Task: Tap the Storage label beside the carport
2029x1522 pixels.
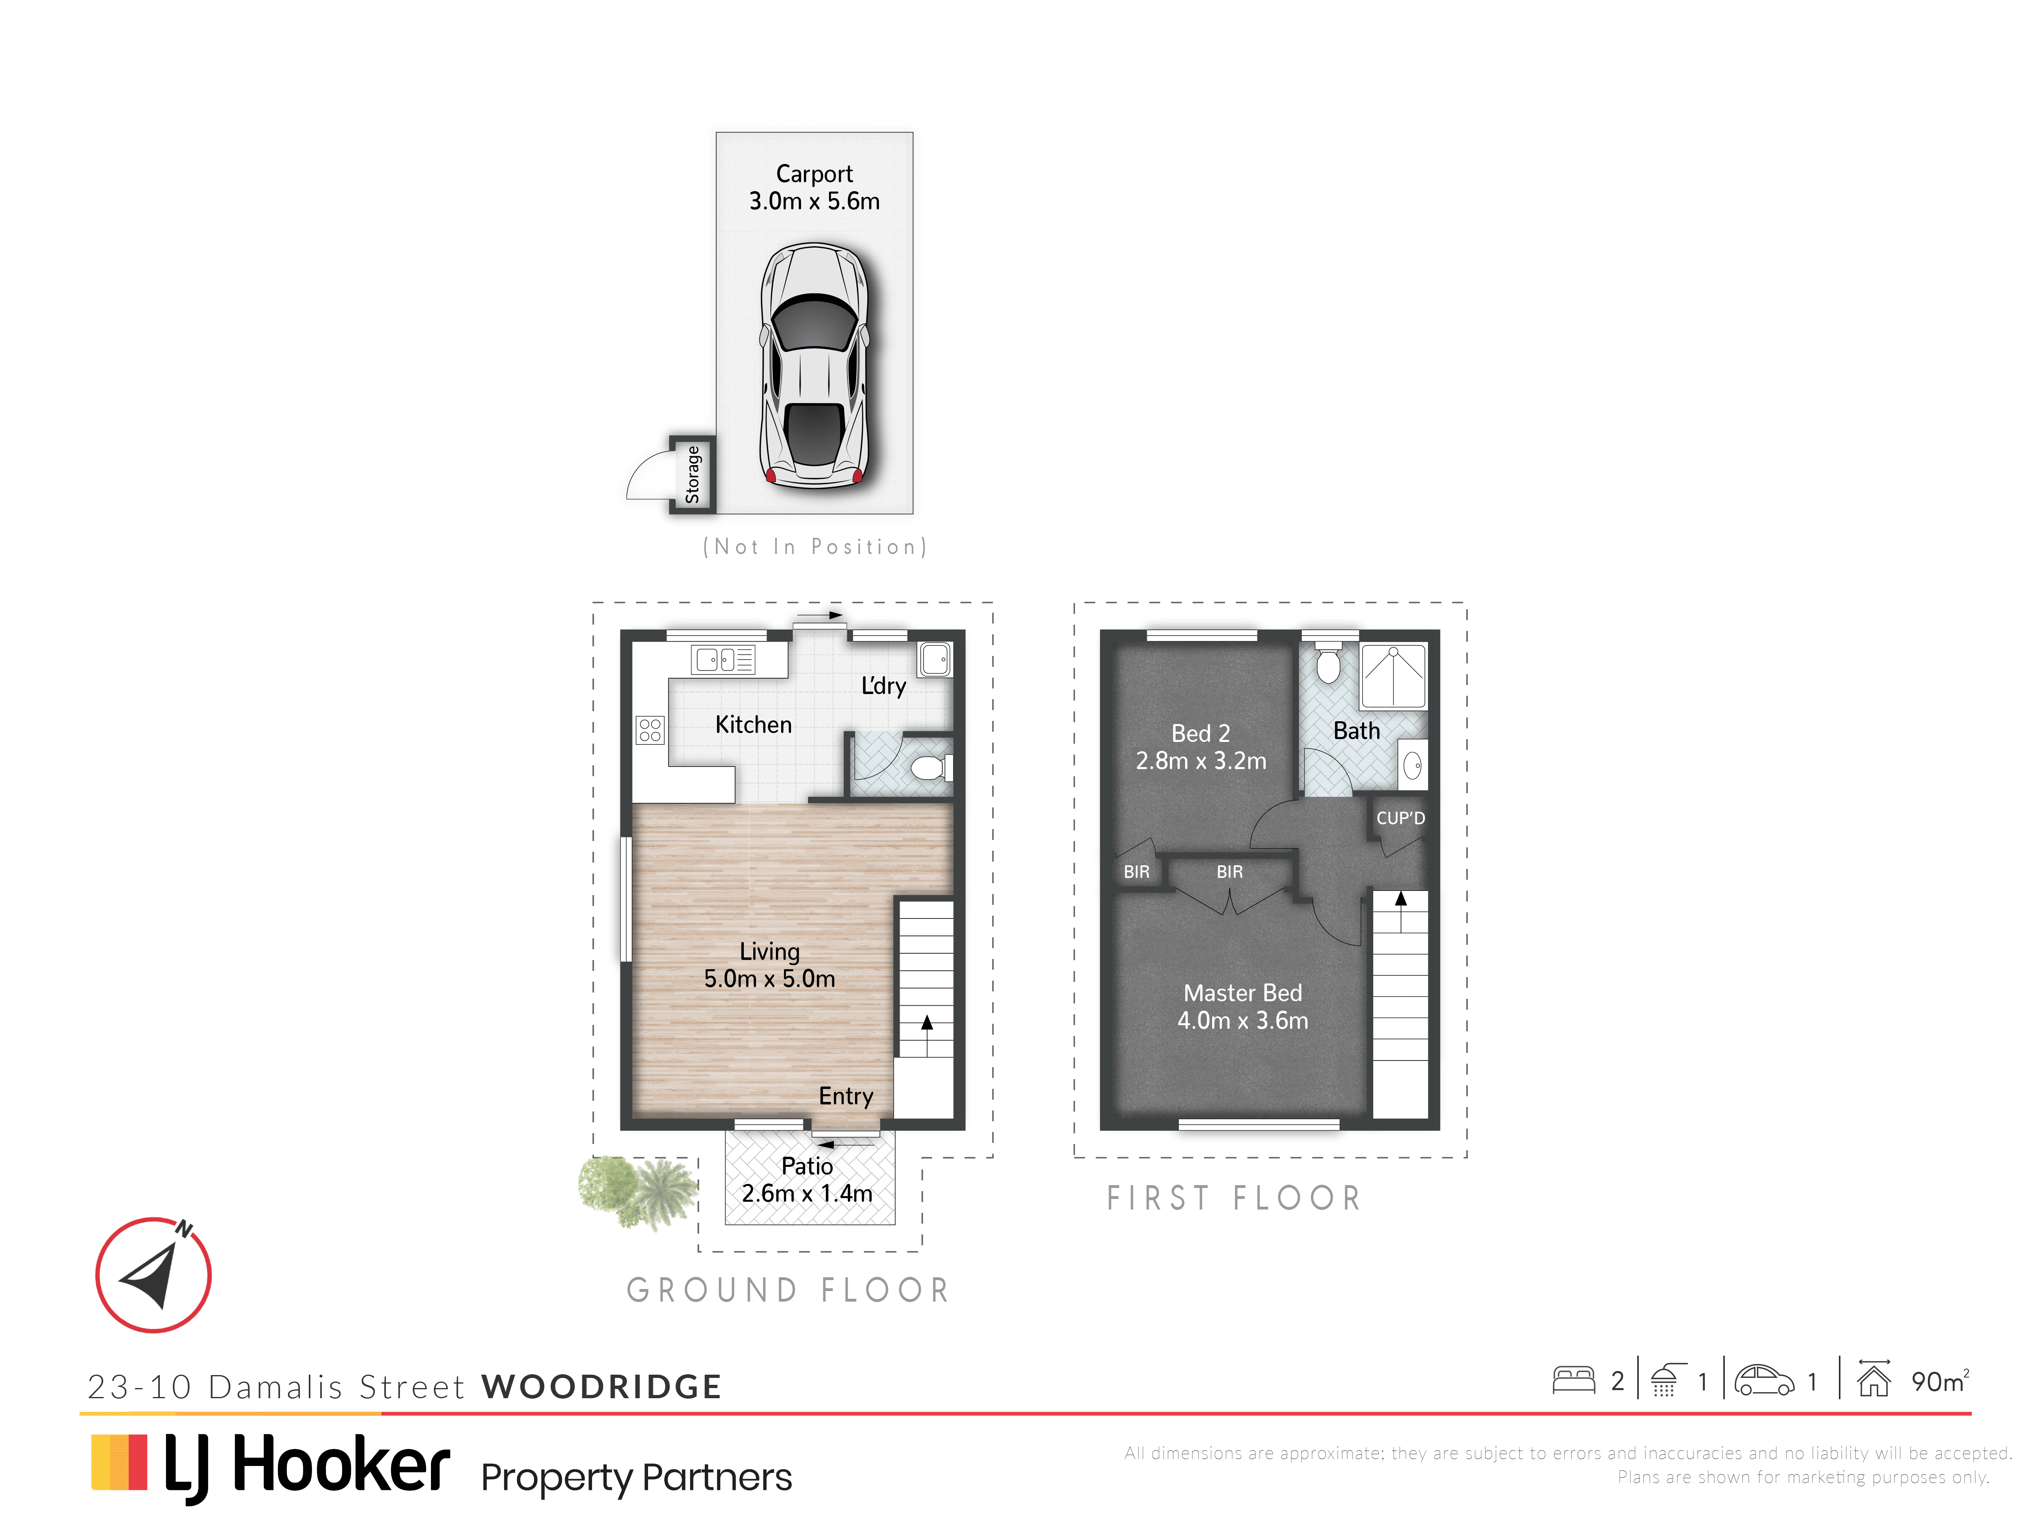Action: click(693, 474)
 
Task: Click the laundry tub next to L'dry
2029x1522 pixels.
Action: click(935, 659)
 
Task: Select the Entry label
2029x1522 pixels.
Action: click(846, 1096)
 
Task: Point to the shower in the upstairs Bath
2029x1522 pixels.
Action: click(1394, 676)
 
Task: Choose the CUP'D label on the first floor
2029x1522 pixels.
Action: click(1401, 818)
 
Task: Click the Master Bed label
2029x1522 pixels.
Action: click(1243, 993)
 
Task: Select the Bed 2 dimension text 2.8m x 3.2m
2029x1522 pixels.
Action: click(1201, 761)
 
